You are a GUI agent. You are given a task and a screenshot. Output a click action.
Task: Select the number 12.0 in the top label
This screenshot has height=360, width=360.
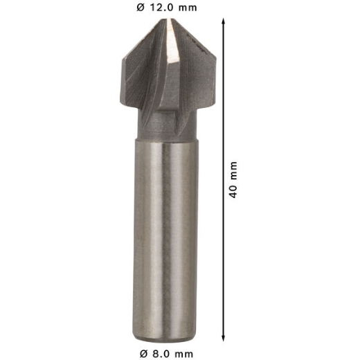pos(164,8)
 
